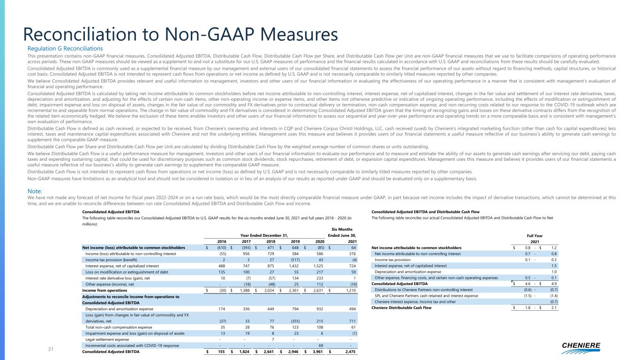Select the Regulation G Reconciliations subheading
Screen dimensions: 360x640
65,48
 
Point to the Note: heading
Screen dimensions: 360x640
35,191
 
